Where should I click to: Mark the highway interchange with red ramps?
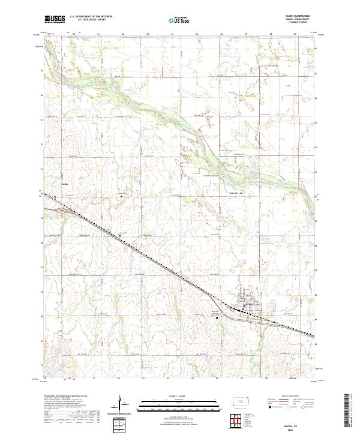pos(62,210)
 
